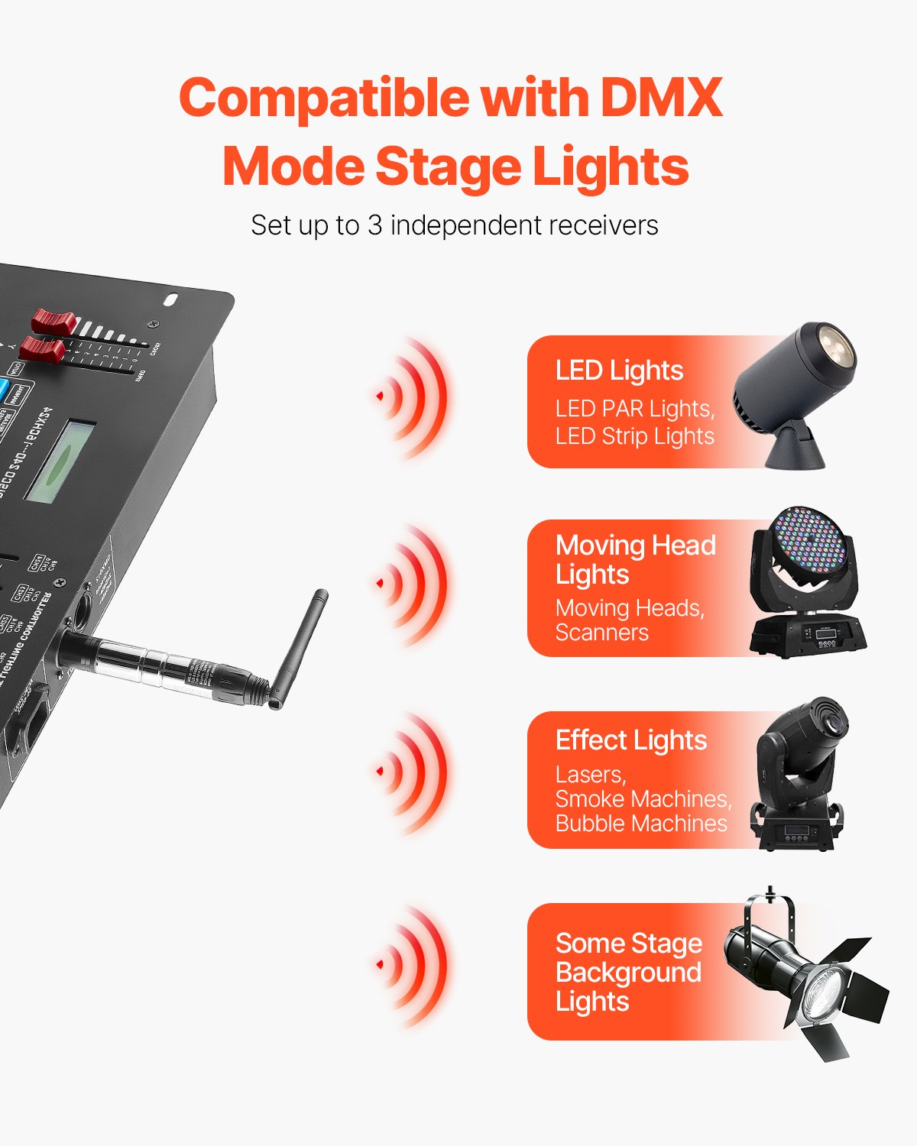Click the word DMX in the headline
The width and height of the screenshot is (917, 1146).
click(x=661, y=99)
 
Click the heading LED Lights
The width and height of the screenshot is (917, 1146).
click(x=619, y=371)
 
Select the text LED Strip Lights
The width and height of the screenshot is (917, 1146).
click(x=634, y=436)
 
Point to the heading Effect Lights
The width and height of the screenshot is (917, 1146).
click(x=631, y=740)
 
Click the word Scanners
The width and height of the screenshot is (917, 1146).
click(x=602, y=633)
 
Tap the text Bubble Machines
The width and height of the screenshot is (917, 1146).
click(x=641, y=824)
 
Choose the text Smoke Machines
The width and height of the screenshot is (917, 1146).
click(x=643, y=799)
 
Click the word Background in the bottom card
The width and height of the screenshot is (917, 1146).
click(x=628, y=973)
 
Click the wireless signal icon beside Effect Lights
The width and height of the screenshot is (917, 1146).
click(x=413, y=772)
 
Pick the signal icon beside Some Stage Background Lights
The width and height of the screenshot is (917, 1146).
click(x=413, y=965)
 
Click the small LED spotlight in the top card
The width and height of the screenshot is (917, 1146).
click(x=795, y=390)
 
